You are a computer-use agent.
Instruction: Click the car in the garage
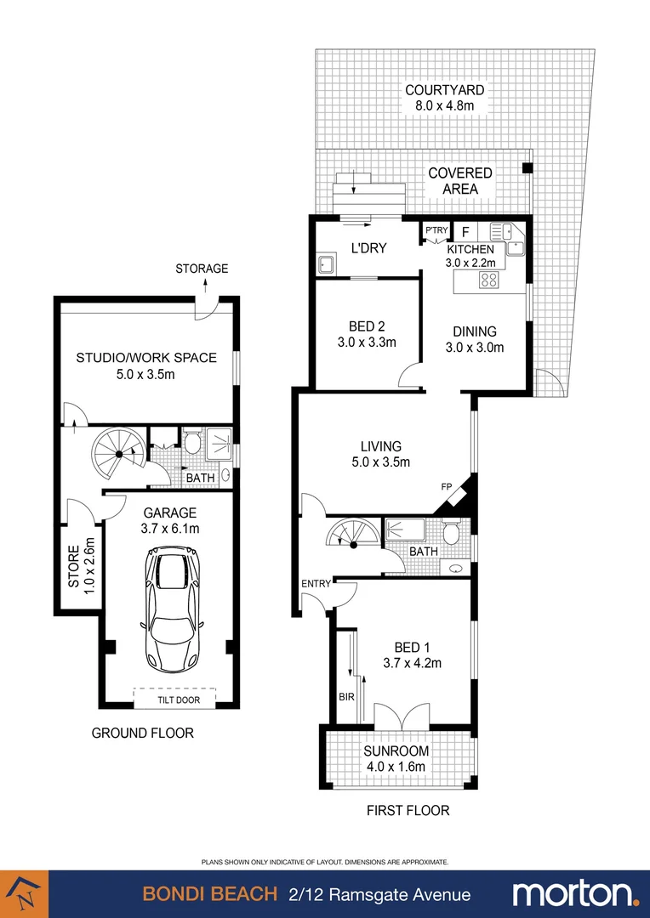pos(174,609)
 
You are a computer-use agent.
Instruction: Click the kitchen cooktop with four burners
pos(488,280)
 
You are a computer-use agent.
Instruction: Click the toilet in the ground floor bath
pos(192,442)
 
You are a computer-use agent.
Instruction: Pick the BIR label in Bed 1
pos(345,696)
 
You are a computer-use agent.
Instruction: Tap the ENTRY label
pos(315,584)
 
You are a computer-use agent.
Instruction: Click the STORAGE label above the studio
pos(202,269)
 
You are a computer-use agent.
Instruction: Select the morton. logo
pos(575,893)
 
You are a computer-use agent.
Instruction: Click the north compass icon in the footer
pos(24,894)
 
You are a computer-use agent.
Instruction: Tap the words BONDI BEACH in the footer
pos(209,894)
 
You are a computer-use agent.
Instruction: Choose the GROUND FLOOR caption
pos(142,733)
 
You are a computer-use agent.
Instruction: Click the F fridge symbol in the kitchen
pos(465,230)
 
